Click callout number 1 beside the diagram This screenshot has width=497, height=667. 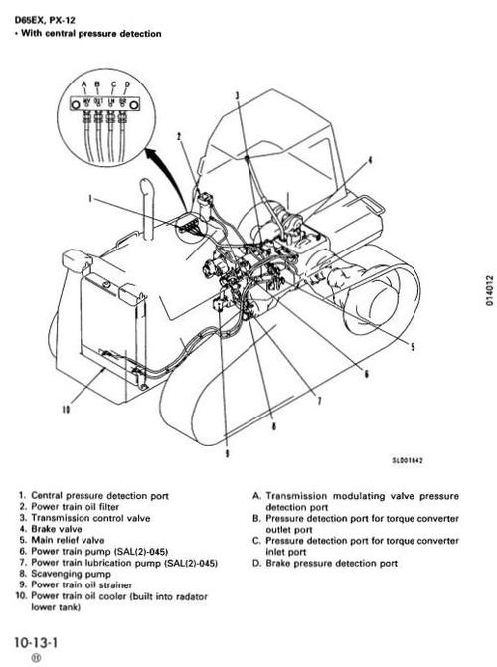pos(90,198)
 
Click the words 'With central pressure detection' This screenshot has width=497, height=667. pos(89,34)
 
